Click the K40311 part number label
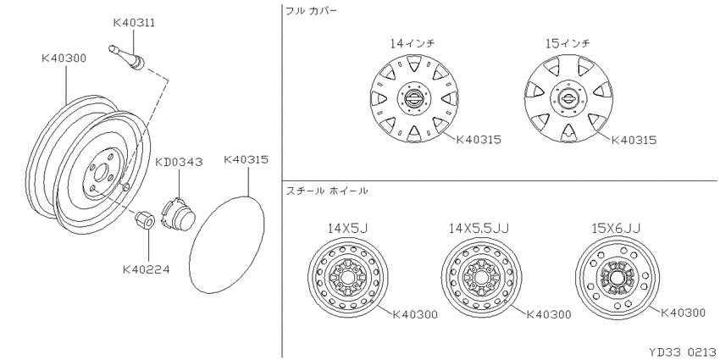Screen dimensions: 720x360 coord(134,23)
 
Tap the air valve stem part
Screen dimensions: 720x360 coord(127,58)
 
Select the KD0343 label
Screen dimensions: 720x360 coord(179,162)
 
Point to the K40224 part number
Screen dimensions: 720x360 coord(146,269)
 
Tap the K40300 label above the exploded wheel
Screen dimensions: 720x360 coord(64,58)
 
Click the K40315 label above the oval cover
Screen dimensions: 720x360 coord(246,160)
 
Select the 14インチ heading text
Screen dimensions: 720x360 coord(413,43)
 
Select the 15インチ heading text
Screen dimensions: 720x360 coord(568,43)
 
